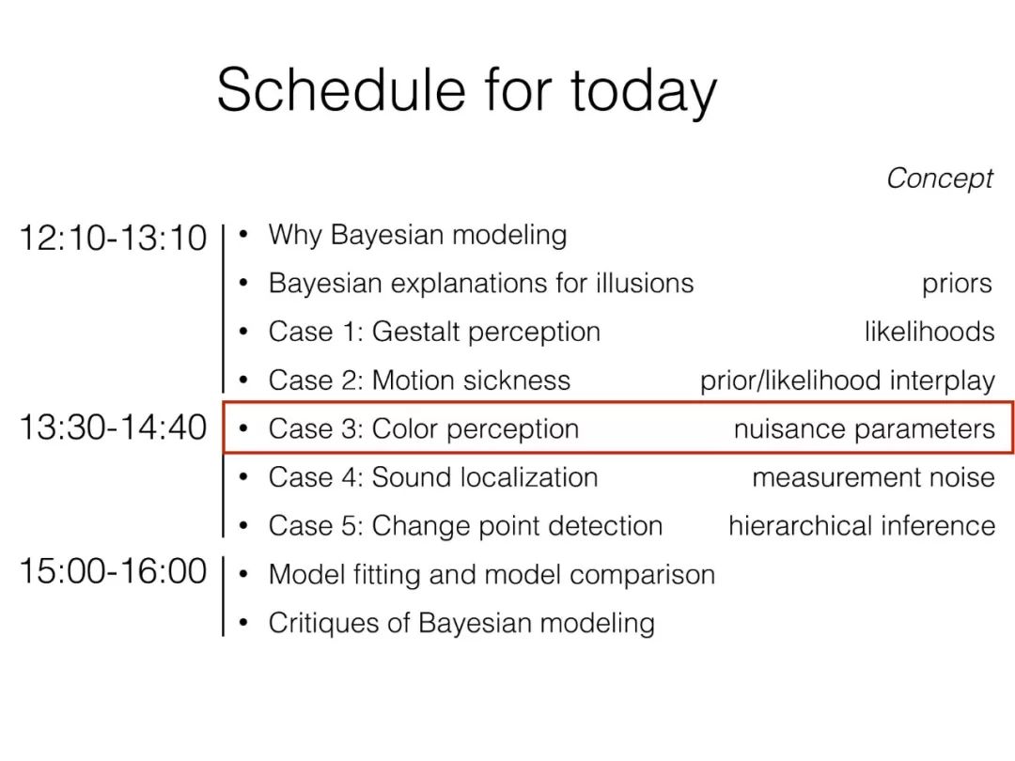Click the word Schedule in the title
pos(341,89)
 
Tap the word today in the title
pos(644,95)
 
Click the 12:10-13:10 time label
pos(114,238)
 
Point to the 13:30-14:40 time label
pos(114,427)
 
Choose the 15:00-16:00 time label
pos(114,571)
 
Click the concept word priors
pos(957,285)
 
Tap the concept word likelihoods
pos(929,332)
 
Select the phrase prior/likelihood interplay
pos(848,381)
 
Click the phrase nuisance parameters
pos(865,429)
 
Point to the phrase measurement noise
pos(873,477)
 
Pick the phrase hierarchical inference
pos(862,525)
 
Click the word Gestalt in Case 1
pos(414,332)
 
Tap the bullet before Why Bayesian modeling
pos(243,234)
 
